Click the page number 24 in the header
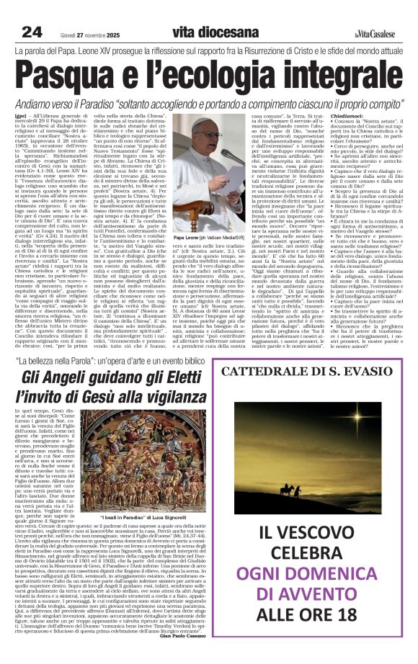(32, 12)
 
